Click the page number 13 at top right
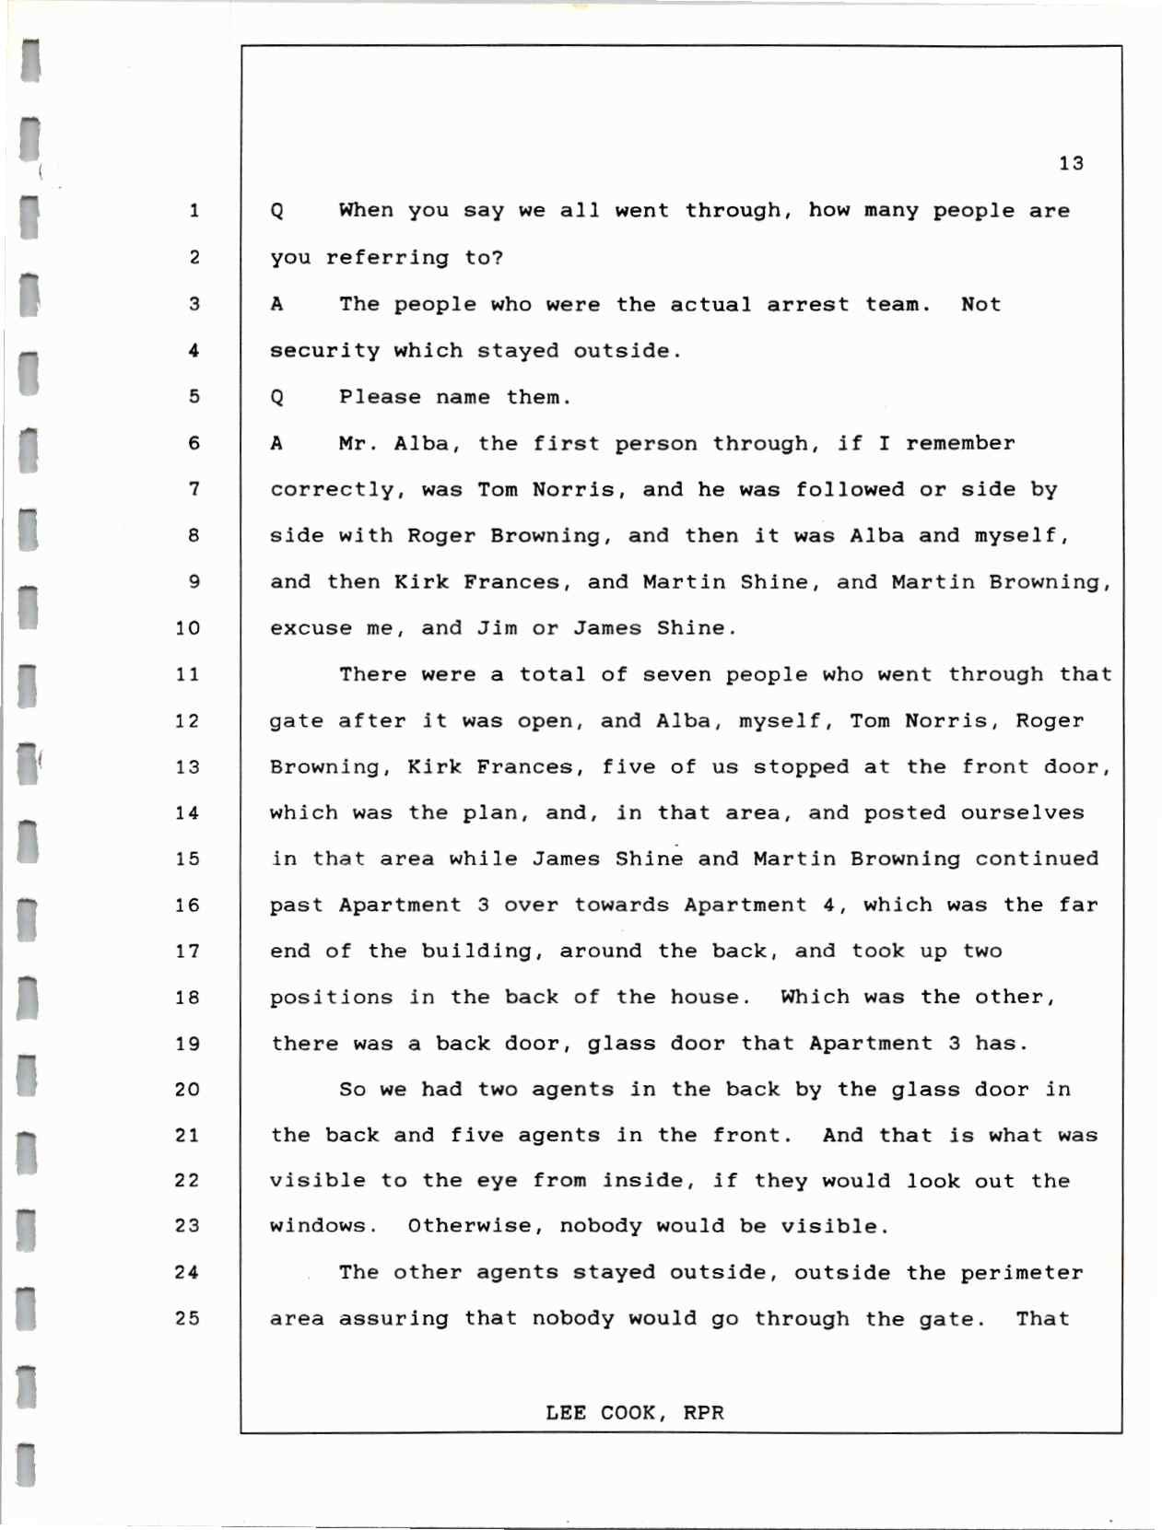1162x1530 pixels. [1071, 164]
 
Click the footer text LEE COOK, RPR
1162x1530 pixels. [634, 1412]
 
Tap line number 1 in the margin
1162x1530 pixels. [194, 211]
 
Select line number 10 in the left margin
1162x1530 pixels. [187, 628]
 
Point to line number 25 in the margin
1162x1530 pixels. [187, 1318]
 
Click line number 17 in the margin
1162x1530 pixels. [187, 951]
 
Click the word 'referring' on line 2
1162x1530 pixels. [387, 258]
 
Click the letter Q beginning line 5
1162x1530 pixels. [276, 398]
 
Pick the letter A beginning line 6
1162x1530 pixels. [276, 443]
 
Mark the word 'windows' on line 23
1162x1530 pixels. [323, 1226]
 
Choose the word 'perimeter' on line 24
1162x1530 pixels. [1021, 1273]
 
